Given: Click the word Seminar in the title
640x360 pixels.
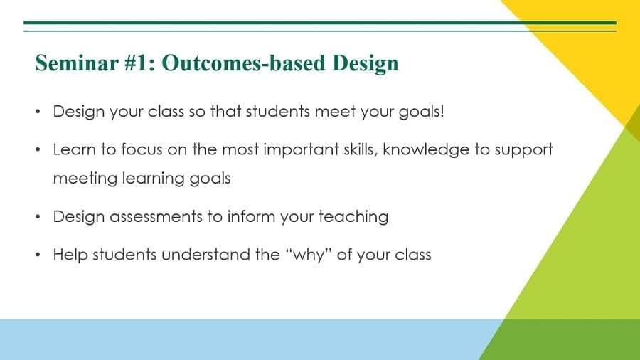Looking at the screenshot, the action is (x=77, y=63).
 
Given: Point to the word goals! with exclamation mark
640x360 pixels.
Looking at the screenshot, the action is (x=421, y=112).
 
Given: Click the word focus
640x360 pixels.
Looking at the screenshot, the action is (x=142, y=149).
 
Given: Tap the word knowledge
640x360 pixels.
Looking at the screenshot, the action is (x=426, y=150).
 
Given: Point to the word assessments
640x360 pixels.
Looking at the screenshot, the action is (x=156, y=217).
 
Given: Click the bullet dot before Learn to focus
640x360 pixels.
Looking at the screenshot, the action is (x=38, y=150).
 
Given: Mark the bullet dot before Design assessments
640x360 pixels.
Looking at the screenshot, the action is (x=38, y=217).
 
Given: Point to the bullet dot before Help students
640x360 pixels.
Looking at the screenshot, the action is (x=38, y=255).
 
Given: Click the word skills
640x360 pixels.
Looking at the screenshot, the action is (x=361, y=150).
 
